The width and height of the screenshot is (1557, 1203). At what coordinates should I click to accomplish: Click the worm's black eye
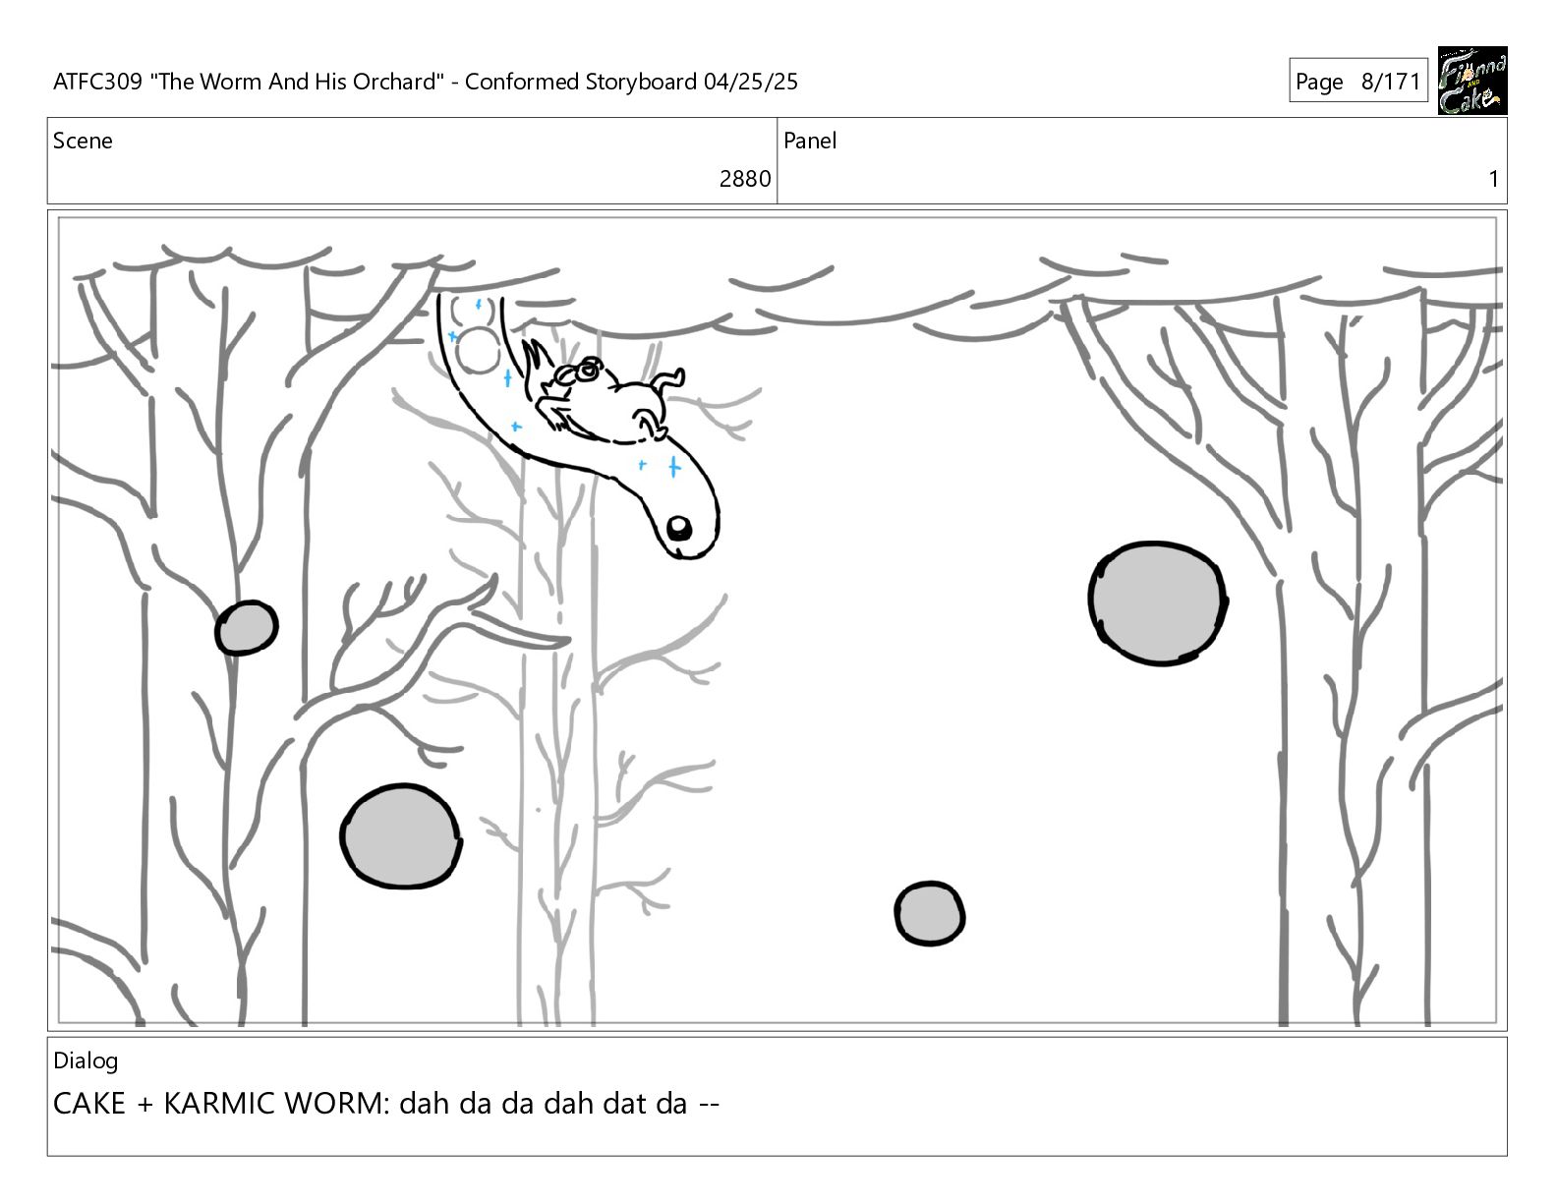click(x=678, y=529)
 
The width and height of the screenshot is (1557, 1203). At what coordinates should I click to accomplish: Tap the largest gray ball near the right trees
click(x=1157, y=603)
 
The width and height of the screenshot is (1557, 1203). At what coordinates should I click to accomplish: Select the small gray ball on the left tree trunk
click(x=247, y=628)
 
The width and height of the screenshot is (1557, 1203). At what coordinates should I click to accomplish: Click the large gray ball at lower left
click(x=400, y=836)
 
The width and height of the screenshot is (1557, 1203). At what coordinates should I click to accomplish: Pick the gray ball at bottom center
click(x=929, y=913)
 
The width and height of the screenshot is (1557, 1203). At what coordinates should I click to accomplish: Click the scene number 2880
click(x=744, y=179)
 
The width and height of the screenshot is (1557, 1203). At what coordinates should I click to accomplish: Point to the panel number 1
click(x=1493, y=179)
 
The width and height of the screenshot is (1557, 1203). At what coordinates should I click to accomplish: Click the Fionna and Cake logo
click(x=1472, y=81)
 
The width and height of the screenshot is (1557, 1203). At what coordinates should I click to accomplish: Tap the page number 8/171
click(x=1391, y=82)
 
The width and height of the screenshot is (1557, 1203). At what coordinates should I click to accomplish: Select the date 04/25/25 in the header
click(x=750, y=82)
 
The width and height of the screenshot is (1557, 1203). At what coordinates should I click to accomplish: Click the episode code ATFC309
click(x=97, y=82)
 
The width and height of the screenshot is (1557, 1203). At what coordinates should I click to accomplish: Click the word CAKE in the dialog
click(x=88, y=1104)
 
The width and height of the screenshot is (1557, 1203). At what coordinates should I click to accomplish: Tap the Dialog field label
click(x=86, y=1061)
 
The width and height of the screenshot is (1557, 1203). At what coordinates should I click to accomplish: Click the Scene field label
click(x=83, y=141)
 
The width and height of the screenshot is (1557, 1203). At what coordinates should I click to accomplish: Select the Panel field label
click(x=810, y=141)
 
